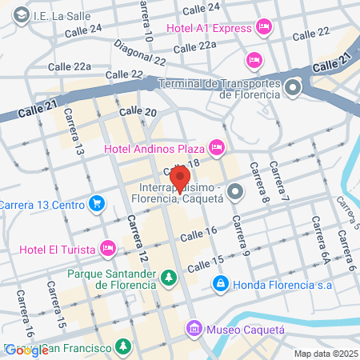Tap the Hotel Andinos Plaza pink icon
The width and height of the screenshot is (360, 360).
click(216, 147)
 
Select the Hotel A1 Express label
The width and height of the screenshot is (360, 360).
click(210, 29)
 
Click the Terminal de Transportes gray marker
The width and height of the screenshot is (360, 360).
click(294, 86)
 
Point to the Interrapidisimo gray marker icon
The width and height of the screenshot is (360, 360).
click(235, 190)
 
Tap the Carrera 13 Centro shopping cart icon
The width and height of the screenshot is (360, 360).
click(97, 204)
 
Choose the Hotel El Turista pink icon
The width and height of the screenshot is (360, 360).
click(106, 247)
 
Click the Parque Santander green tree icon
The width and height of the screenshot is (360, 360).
click(169, 278)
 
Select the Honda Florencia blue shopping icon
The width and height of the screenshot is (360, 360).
click(220, 283)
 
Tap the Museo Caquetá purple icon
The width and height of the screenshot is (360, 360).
click(194, 328)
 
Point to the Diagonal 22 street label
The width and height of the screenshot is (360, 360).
click(139, 54)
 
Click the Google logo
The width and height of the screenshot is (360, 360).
click(26, 350)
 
